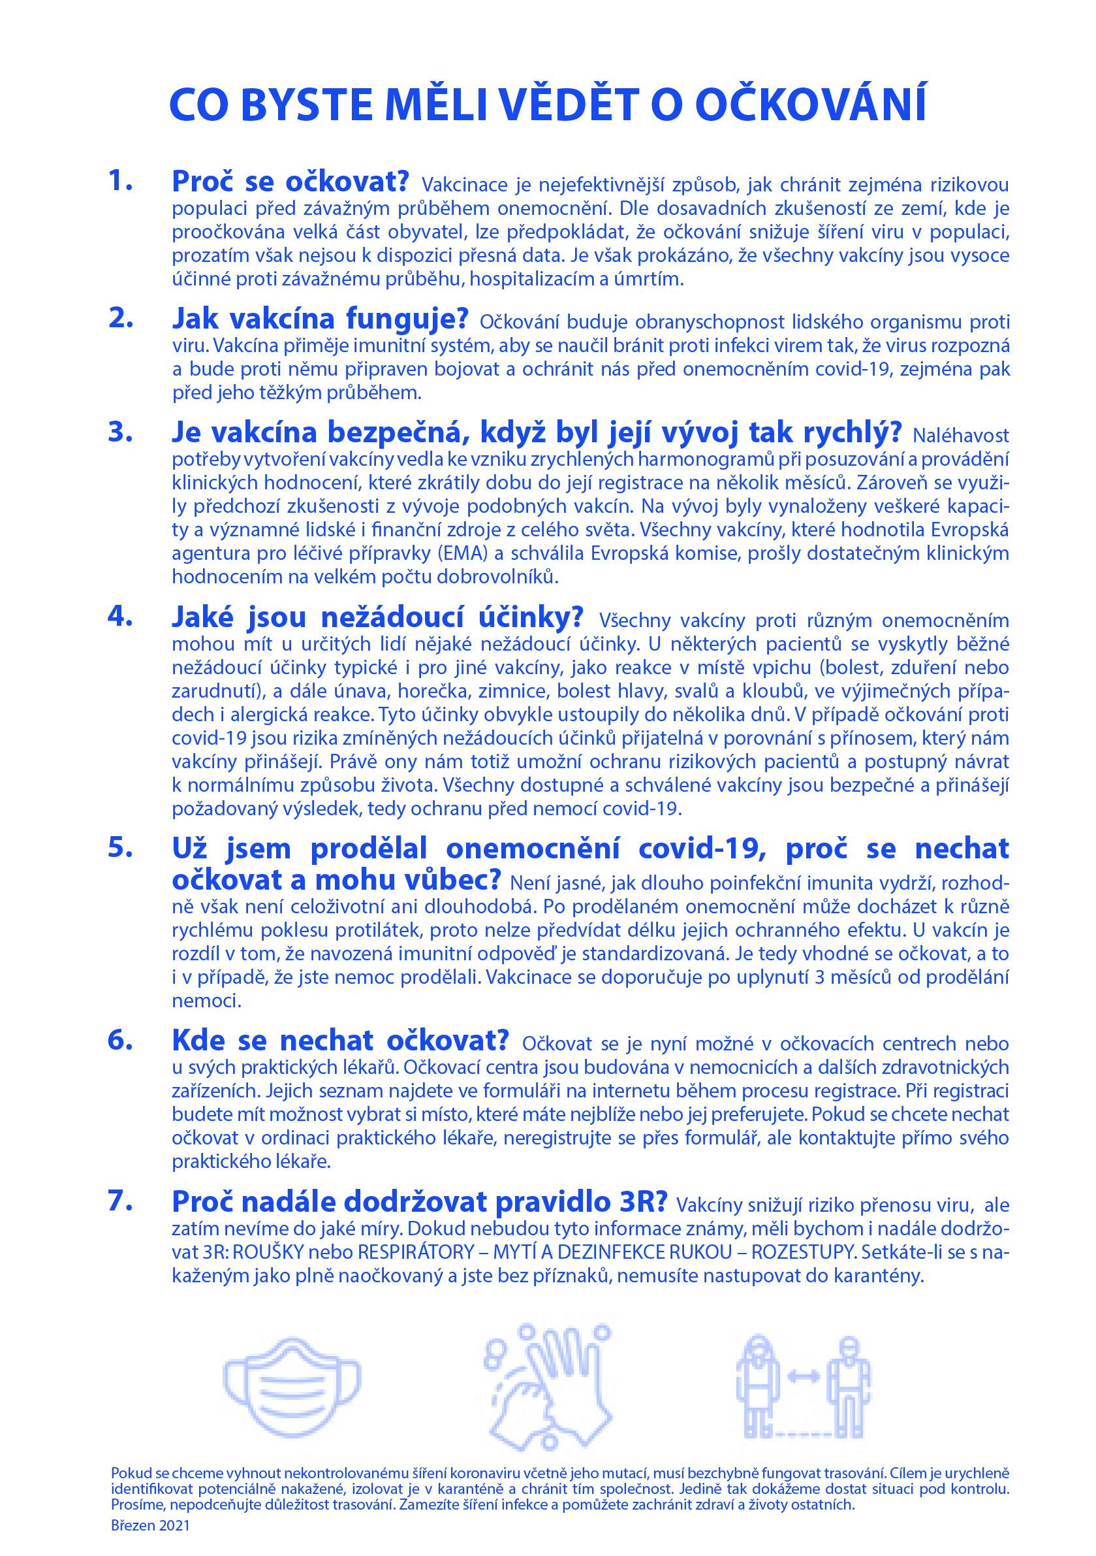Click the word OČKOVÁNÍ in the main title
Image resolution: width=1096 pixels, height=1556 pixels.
point(811,105)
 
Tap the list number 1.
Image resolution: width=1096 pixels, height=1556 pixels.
point(120,182)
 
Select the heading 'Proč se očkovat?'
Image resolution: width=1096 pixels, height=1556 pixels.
point(290,182)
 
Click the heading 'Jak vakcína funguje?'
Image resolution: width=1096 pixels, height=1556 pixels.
point(320,319)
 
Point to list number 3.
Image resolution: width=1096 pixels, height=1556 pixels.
point(120,432)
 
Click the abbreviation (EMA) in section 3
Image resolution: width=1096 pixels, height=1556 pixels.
point(463,554)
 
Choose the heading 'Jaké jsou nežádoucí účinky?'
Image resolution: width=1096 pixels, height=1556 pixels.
point(377,617)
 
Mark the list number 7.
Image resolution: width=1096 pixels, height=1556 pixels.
point(120,1201)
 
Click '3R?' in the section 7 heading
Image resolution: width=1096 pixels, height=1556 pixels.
point(643,1202)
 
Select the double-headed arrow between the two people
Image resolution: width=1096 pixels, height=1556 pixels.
point(804,1376)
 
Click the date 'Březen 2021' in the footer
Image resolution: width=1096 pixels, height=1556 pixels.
point(150,1525)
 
